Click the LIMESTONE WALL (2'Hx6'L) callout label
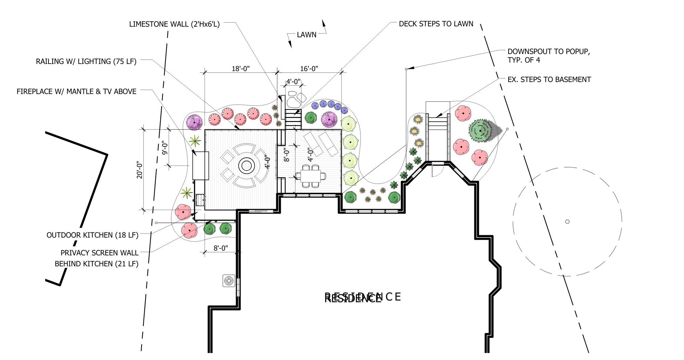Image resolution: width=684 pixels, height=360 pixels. click(x=174, y=24)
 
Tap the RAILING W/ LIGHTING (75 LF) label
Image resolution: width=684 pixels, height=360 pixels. click(x=86, y=62)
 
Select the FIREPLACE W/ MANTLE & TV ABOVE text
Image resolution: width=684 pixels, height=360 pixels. click(x=77, y=92)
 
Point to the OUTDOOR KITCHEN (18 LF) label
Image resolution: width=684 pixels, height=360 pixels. click(x=92, y=235)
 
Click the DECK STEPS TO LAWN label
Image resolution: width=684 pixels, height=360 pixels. click(x=436, y=24)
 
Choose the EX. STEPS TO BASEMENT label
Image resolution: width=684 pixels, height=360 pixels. click(x=549, y=80)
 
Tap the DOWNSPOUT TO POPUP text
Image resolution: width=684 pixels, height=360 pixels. click(x=549, y=52)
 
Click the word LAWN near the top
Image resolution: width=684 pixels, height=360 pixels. click(x=306, y=35)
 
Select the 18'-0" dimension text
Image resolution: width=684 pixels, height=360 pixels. click(x=240, y=69)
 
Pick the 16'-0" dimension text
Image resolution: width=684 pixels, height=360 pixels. click(x=309, y=69)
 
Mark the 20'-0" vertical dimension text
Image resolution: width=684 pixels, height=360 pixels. click(x=140, y=170)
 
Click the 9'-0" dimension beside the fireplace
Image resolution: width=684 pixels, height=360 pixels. click(x=165, y=148)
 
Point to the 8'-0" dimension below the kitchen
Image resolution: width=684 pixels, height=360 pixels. click(x=221, y=248)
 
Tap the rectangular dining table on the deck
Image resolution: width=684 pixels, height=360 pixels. click(x=311, y=176)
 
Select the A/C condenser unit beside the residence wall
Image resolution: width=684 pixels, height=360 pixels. click(x=228, y=281)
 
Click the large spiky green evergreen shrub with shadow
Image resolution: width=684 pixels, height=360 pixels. click(x=481, y=130)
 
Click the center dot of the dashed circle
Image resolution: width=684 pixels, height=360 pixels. click(x=567, y=222)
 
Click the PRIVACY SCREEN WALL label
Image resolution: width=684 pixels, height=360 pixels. click(x=99, y=253)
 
